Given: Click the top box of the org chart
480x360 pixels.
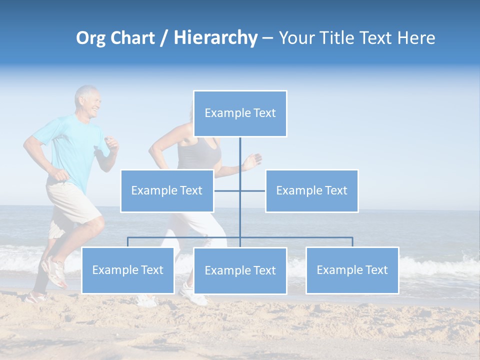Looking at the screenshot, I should point(240,113).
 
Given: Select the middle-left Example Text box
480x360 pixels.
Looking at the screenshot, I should point(167,190).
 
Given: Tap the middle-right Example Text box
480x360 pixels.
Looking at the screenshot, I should point(311,190).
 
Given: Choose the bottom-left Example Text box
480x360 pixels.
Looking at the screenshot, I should point(127,270).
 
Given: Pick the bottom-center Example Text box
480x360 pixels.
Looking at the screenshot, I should point(240,270).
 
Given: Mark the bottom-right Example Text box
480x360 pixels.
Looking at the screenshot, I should point(352,270).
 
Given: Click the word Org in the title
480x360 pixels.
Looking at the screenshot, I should point(90,38).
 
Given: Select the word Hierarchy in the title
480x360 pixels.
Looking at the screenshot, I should point(215,38).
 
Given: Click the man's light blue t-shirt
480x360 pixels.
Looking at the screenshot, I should point(72,150).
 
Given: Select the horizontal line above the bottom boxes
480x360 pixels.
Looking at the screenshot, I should point(300,237).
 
